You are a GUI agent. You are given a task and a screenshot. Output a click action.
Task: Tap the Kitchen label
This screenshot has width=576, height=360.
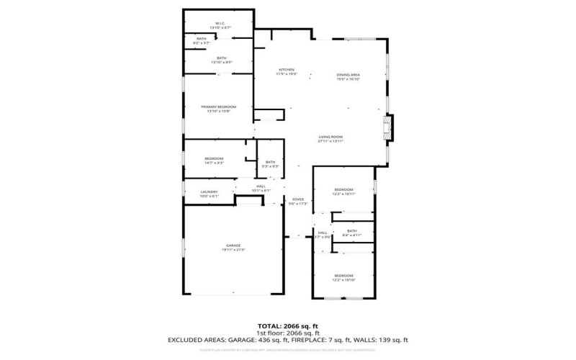pyautogui.click(x=287, y=71)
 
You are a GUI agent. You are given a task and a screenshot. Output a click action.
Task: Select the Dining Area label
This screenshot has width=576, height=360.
pyautogui.click(x=348, y=76)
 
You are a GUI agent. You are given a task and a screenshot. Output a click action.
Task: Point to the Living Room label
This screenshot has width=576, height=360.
pyautogui.click(x=330, y=138)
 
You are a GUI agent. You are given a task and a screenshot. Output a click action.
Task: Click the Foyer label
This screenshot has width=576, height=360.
pyautogui.click(x=298, y=201)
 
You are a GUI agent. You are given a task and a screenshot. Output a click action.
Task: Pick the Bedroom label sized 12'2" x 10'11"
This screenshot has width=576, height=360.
pyautogui.click(x=343, y=191)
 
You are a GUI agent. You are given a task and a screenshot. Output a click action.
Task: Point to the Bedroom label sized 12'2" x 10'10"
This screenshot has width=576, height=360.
pyautogui.click(x=343, y=276)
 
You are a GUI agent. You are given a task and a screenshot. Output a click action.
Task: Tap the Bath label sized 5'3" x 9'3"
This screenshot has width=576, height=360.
pyautogui.click(x=270, y=163)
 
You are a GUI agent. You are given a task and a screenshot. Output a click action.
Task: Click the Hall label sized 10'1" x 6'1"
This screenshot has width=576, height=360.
pyautogui.click(x=261, y=188)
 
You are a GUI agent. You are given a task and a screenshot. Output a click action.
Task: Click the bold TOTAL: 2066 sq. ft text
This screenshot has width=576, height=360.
pyautogui.click(x=287, y=326)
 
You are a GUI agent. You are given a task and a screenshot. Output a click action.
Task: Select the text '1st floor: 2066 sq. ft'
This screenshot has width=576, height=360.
pyautogui.click(x=287, y=333)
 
